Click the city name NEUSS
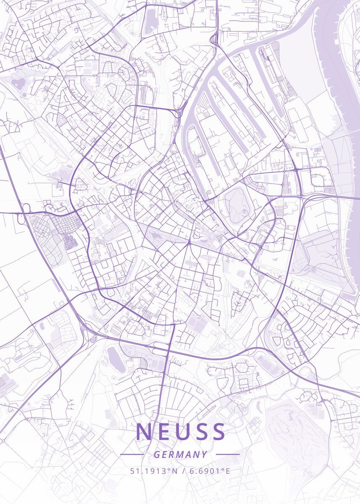(180, 432)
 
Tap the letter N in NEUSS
(144, 432)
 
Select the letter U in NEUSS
(181, 432)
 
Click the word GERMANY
(180, 454)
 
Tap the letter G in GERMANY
(157, 454)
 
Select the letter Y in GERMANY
(204, 454)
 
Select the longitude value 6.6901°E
(209, 470)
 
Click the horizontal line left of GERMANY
(132, 454)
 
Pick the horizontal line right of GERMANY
(228, 454)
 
